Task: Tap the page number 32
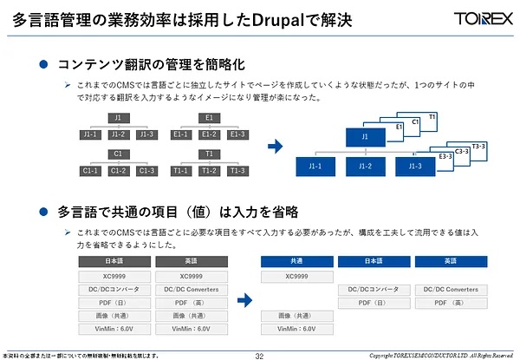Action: (x=259, y=355)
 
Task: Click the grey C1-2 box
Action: (x=119, y=170)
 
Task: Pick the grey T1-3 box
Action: (x=237, y=170)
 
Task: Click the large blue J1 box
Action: (x=365, y=137)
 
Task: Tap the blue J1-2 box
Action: (x=366, y=166)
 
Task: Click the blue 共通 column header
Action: (x=296, y=261)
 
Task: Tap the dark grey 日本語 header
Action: (x=113, y=261)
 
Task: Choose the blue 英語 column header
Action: (x=450, y=261)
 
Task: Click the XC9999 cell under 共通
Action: (x=296, y=277)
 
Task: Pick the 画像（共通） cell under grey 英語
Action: (x=190, y=316)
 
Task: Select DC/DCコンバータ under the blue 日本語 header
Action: (x=374, y=290)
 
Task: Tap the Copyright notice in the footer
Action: (x=444, y=355)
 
